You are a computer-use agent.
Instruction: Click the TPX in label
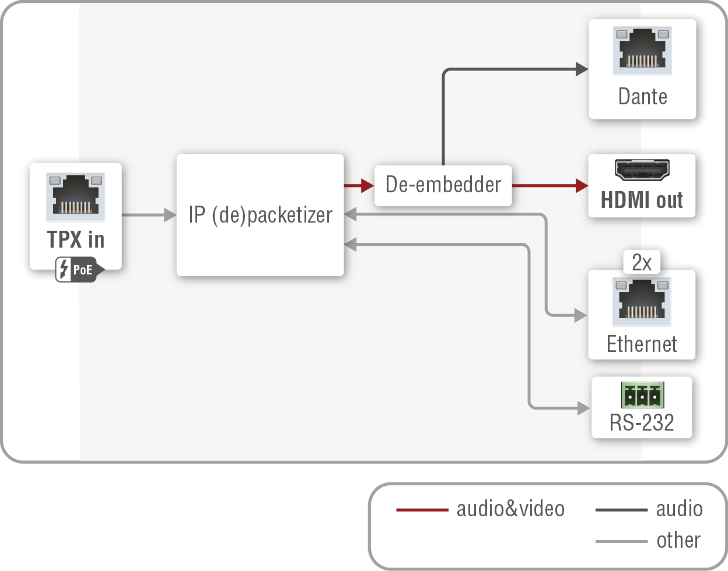(76, 239)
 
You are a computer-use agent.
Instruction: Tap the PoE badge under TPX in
(79, 270)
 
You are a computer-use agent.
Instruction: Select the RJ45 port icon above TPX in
(76, 196)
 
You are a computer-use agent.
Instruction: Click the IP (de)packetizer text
(260, 215)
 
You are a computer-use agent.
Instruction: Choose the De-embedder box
(443, 185)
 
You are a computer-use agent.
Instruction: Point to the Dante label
(642, 97)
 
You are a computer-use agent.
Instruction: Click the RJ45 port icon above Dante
(642, 51)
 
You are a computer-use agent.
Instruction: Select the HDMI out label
(642, 200)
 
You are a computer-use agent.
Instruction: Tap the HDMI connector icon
(642, 170)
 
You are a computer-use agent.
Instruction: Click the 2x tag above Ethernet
(642, 263)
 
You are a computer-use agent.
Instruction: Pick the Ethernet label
(642, 344)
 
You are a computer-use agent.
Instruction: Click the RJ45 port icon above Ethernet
(642, 301)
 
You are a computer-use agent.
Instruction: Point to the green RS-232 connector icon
(642, 396)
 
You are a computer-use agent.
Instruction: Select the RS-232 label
(642, 422)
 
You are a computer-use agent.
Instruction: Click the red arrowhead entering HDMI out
(582, 186)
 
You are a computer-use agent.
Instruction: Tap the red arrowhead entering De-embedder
(367, 186)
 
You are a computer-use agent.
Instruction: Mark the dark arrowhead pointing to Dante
(582, 69)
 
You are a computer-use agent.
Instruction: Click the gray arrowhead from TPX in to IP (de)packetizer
(170, 215)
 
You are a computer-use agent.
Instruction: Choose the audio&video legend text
(510, 509)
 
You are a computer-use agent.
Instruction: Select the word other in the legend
(678, 541)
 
